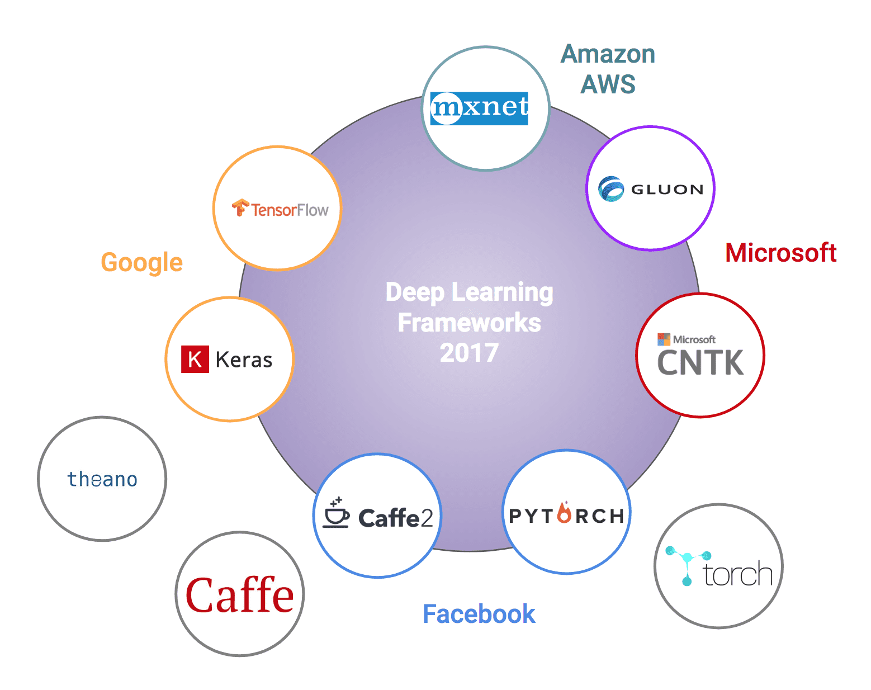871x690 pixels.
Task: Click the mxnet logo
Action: pos(480,108)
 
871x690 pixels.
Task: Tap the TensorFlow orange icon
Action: pos(240,207)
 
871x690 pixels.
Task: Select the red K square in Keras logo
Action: pos(195,359)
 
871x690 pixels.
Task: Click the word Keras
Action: pos(244,360)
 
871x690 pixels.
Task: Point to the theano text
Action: pos(102,479)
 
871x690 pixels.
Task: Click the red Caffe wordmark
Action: pos(239,596)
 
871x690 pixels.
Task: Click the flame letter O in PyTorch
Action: pos(565,513)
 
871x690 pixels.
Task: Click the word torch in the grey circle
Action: pos(737,574)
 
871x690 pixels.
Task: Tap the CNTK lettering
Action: pos(700,363)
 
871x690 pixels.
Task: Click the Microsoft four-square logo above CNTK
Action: pos(664,339)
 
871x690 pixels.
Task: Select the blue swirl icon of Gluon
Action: pos(610,189)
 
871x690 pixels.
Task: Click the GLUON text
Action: pos(667,190)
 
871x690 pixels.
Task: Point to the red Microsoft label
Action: pos(780,253)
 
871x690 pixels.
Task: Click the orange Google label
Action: pos(142,262)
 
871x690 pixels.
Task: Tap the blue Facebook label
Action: pos(479,614)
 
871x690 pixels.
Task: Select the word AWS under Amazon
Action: pos(608,84)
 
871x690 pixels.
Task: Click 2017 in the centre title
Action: pos(469,353)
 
